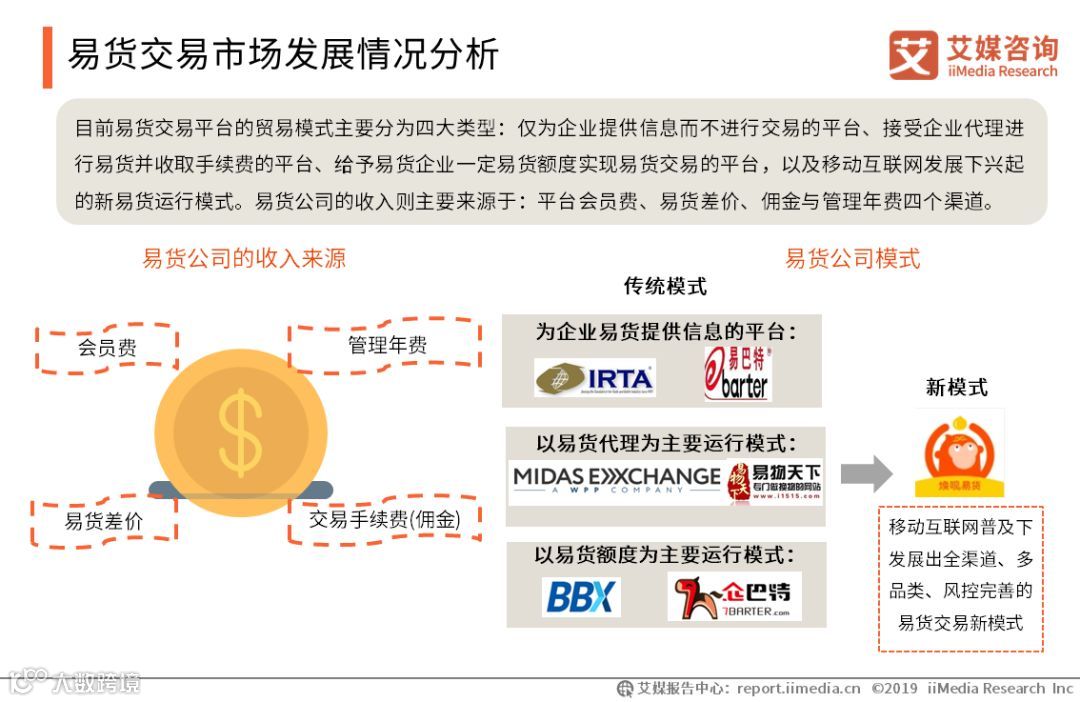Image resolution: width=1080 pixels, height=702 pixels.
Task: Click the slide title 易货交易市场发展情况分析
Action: click(x=283, y=55)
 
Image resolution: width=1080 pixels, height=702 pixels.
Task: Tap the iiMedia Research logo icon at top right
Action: click(x=913, y=55)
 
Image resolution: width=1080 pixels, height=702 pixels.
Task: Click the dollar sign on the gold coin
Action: click(x=241, y=432)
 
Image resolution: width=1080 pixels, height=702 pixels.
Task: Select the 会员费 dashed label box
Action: click(x=107, y=348)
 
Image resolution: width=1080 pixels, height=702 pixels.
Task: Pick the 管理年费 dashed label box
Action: click(x=386, y=345)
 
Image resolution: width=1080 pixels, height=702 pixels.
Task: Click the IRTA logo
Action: click(x=595, y=379)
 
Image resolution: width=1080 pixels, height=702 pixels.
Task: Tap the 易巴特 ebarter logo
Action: click(x=738, y=373)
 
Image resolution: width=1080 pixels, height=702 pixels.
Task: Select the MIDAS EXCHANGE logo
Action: click(x=616, y=480)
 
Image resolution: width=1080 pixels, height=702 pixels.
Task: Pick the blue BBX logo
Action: click(x=581, y=597)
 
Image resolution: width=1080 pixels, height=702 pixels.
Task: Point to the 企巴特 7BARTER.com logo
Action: click(x=734, y=597)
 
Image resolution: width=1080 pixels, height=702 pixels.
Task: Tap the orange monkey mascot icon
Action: click(x=958, y=452)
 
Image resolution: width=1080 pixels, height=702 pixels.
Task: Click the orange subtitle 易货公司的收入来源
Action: click(x=244, y=258)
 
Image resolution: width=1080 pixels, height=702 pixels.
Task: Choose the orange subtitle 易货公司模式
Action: click(x=852, y=258)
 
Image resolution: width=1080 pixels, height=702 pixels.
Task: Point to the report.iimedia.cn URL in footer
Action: click(x=798, y=688)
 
